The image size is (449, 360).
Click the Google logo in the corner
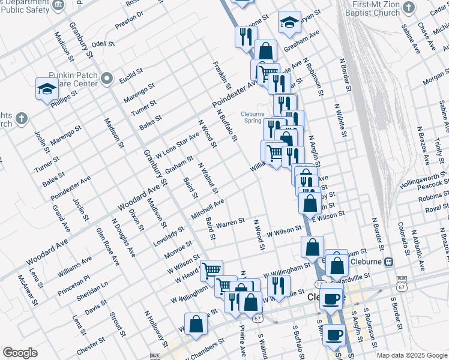[20, 353]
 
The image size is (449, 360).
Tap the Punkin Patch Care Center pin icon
[107, 78]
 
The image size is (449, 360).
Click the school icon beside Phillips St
[47, 89]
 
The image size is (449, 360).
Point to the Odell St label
[103, 44]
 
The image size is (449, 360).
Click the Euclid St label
[131, 75]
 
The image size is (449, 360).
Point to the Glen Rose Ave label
[109, 247]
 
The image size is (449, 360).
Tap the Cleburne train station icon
[389, 262]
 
